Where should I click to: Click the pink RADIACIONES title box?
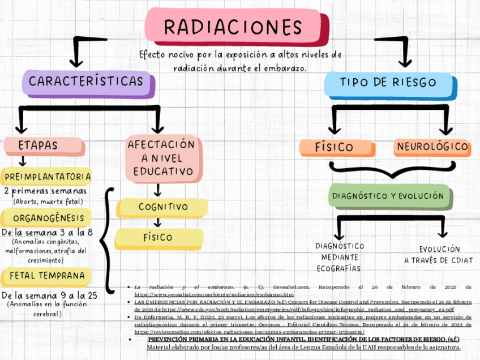coord(232,27)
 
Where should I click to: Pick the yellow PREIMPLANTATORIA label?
coord(47,177)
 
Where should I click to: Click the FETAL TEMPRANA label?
coord(47,276)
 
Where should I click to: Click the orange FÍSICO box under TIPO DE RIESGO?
coord(334,147)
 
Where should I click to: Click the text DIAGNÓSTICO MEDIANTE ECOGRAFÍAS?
coord(340,258)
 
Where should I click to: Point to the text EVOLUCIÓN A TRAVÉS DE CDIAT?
coord(432,255)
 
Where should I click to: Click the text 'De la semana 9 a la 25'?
coord(49,295)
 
